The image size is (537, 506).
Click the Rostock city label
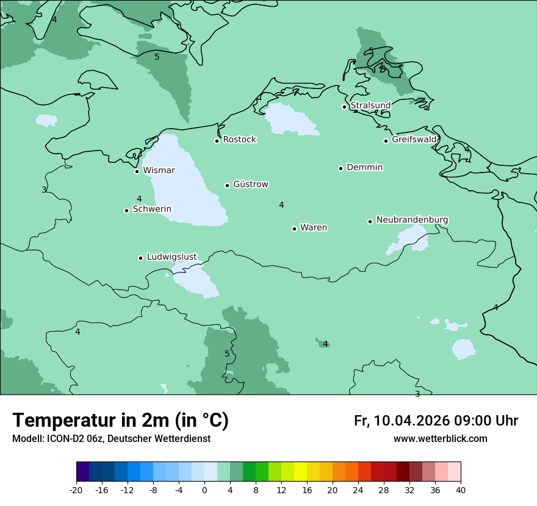tap(239, 140)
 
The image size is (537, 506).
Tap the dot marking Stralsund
tap(344, 107)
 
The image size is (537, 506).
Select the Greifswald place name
tap(414, 140)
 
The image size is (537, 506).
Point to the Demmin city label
tap(364, 167)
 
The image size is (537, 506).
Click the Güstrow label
tap(250, 184)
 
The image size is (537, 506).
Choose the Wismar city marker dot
tap(137, 171)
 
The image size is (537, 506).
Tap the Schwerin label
tap(152, 209)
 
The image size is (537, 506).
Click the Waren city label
tap(314, 227)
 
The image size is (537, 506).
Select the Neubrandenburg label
tap(412, 219)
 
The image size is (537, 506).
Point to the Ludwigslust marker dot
tap(140, 258)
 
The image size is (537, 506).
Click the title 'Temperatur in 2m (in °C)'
tap(120, 421)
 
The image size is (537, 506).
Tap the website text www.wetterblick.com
tap(440, 438)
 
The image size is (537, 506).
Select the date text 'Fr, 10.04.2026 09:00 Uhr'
tap(436, 421)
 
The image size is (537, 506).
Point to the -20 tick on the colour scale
tap(76, 490)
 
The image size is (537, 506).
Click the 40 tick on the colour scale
tap(461, 490)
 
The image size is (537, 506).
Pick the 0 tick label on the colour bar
tap(204, 490)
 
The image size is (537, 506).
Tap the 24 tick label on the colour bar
tap(358, 490)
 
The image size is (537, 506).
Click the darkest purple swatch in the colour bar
tap(82, 472)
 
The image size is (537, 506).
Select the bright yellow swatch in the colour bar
tap(300, 472)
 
